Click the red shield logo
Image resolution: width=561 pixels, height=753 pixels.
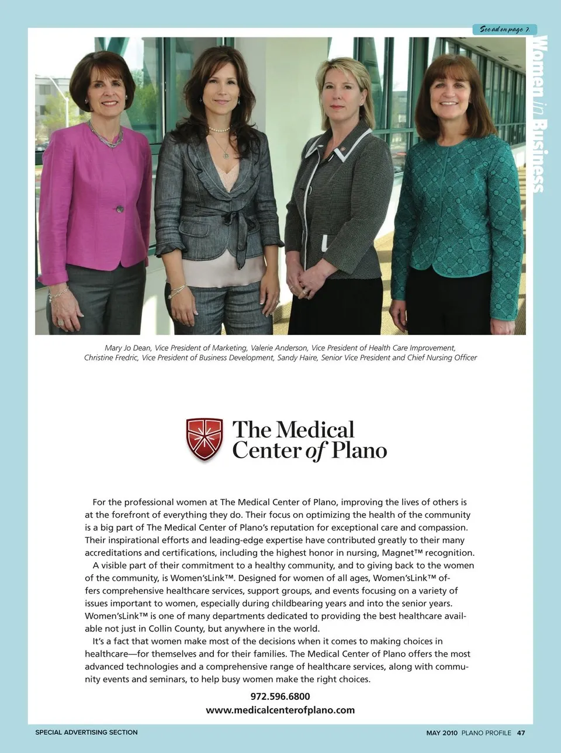tap(204, 439)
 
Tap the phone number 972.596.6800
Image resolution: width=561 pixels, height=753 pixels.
tap(280, 696)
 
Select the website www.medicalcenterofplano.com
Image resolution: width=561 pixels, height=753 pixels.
tap(280, 710)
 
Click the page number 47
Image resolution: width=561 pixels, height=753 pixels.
tap(521, 733)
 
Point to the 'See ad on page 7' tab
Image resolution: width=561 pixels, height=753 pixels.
tap(504, 29)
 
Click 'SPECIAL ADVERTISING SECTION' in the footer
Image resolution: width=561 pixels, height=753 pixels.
tap(86, 732)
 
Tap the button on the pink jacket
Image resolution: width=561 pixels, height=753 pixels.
tap(120, 209)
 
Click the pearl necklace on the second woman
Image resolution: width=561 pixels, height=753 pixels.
tap(220, 129)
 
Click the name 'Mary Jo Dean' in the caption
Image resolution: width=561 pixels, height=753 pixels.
tap(127, 348)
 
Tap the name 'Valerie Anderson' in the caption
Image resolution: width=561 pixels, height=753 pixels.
tap(278, 348)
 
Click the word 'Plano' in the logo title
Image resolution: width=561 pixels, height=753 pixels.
tap(359, 451)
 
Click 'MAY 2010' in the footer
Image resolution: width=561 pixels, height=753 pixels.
tap(442, 733)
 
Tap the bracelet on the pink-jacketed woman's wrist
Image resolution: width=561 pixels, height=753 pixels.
tap(58, 294)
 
